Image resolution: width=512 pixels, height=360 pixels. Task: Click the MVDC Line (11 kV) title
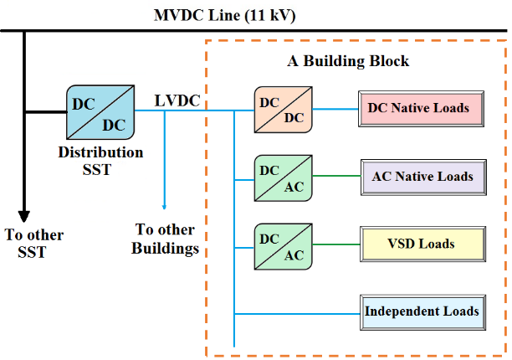pyautogui.click(x=225, y=16)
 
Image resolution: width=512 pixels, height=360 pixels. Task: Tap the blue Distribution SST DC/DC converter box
pyautogui.click(x=100, y=112)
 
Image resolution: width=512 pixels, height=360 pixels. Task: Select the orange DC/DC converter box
pyautogui.click(x=284, y=110)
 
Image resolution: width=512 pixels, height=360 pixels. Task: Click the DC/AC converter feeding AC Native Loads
pyautogui.click(x=284, y=178)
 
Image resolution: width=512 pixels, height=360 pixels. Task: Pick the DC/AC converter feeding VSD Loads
pyautogui.click(x=284, y=247)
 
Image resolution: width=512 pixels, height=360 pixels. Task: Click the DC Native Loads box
pyautogui.click(x=421, y=109)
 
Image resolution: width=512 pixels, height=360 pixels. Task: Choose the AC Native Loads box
pyautogui.click(x=423, y=177)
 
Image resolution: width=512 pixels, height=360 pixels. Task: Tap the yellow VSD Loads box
pyautogui.click(x=422, y=244)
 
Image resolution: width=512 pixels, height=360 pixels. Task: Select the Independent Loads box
pyautogui.click(x=422, y=312)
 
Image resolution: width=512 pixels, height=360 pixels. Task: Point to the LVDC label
pyautogui.click(x=177, y=100)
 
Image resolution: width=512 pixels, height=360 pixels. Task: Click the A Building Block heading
pyautogui.click(x=348, y=61)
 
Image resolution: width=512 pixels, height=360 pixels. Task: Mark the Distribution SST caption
pyautogui.click(x=100, y=161)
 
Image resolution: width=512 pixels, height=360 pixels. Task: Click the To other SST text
pyautogui.click(x=34, y=244)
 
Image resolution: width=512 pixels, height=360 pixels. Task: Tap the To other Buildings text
pyautogui.click(x=165, y=239)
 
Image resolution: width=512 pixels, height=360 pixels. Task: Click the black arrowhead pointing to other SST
pyautogui.click(x=23, y=217)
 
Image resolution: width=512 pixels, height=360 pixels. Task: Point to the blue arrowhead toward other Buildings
pyautogui.click(x=164, y=207)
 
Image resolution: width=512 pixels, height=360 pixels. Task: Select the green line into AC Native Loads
pyautogui.click(x=336, y=176)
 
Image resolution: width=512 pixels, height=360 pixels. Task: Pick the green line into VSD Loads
pyautogui.click(x=336, y=244)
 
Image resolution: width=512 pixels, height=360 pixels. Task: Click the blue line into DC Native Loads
pyautogui.click(x=335, y=109)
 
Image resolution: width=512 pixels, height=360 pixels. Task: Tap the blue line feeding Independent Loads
pyautogui.click(x=297, y=314)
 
